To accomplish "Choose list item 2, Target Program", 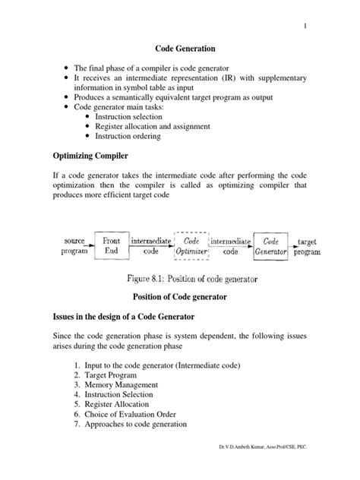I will coord(112,374).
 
